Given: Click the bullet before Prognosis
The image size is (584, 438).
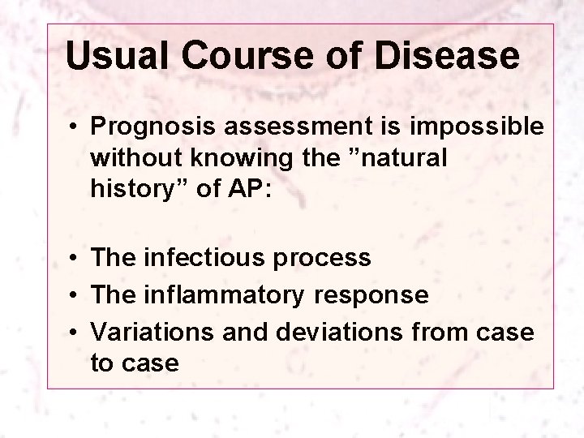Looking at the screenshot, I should (73, 128).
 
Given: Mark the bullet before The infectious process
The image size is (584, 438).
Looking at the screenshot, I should (73, 259).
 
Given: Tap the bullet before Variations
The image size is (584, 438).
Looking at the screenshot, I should (73, 333).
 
